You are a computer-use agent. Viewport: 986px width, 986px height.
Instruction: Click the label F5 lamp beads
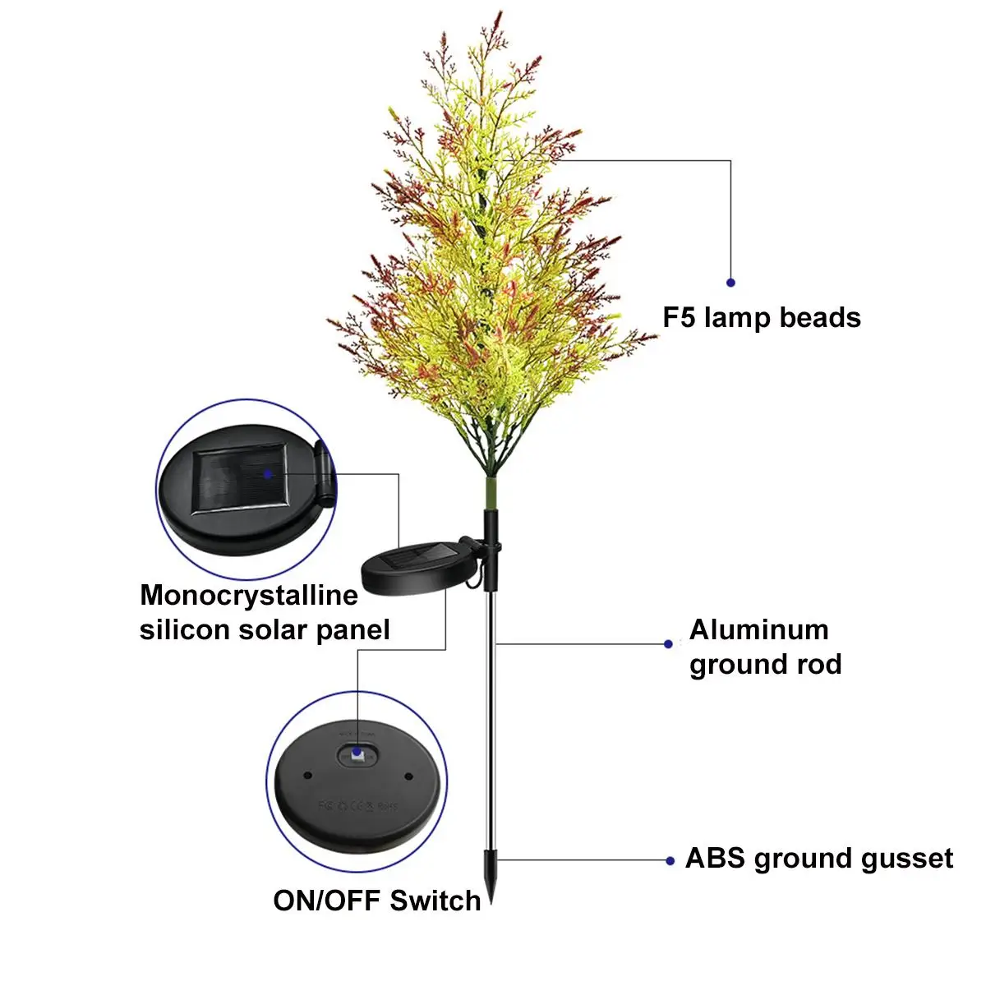[762, 318]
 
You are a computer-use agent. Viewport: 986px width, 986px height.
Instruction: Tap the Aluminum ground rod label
[765, 647]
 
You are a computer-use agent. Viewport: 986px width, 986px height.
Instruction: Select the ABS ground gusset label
[819, 859]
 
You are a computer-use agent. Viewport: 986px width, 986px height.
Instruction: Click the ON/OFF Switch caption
[377, 901]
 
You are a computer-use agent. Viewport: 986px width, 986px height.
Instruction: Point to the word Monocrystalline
[249, 595]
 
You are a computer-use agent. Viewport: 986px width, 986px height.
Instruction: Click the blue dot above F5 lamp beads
[730, 283]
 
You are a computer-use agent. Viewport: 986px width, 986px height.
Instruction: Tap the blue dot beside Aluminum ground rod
[668, 644]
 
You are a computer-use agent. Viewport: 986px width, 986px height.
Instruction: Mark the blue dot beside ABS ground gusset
[670, 861]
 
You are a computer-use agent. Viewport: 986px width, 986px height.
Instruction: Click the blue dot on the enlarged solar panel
[267, 473]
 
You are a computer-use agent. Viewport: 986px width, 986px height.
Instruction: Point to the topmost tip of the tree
[499, 14]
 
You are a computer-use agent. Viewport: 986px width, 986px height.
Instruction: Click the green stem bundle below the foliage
[491, 491]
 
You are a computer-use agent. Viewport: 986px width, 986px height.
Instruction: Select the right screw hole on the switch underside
[408, 775]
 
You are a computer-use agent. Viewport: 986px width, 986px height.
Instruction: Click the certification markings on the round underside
[357, 806]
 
